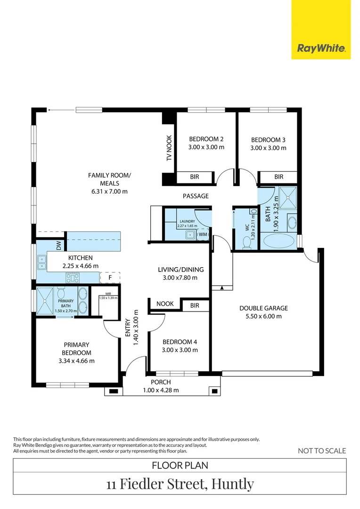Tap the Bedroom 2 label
(206, 139)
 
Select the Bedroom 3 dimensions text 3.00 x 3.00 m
(268, 148)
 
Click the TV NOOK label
(169, 148)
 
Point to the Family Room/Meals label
(109, 179)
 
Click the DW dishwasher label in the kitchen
(59, 246)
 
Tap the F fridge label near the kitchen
(110, 278)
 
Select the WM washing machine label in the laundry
(203, 234)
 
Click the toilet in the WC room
(246, 242)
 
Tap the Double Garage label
(263, 308)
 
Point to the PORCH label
(161, 382)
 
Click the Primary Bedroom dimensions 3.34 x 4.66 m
(75, 361)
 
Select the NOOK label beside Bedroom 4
(165, 304)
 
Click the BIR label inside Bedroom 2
(194, 177)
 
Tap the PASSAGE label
(196, 196)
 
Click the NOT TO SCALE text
(322, 451)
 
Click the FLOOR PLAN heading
(180, 466)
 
